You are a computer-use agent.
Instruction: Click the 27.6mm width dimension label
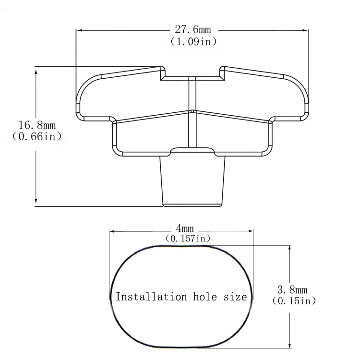pyautogui.click(x=192, y=29)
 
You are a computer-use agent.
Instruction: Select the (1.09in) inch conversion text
pyautogui.click(x=193, y=42)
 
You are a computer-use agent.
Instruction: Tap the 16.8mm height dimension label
pyautogui.click(x=37, y=125)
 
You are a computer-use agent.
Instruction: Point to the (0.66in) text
pyautogui.click(x=37, y=136)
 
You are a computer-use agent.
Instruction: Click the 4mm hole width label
pyautogui.click(x=185, y=228)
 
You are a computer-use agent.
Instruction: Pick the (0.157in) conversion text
pyautogui.click(x=188, y=238)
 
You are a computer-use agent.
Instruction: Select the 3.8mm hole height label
pyautogui.click(x=292, y=290)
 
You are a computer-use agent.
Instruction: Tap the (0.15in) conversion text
pyautogui.click(x=294, y=300)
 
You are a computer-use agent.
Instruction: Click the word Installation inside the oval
pyautogui.click(x=151, y=297)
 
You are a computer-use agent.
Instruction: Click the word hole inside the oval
pyautogui.click(x=205, y=297)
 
